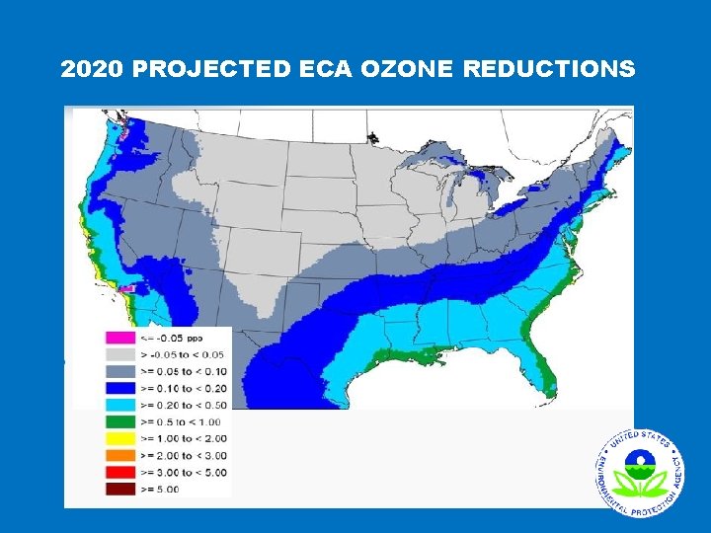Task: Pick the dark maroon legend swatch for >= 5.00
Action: pyautogui.click(x=119, y=487)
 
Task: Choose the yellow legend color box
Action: pyautogui.click(x=119, y=437)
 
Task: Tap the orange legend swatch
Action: pyautogui.click(x=119, y=454)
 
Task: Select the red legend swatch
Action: pyautogui.click(x=119, y=471)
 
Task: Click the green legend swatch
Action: pyautogui.click(x=119, y=420)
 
